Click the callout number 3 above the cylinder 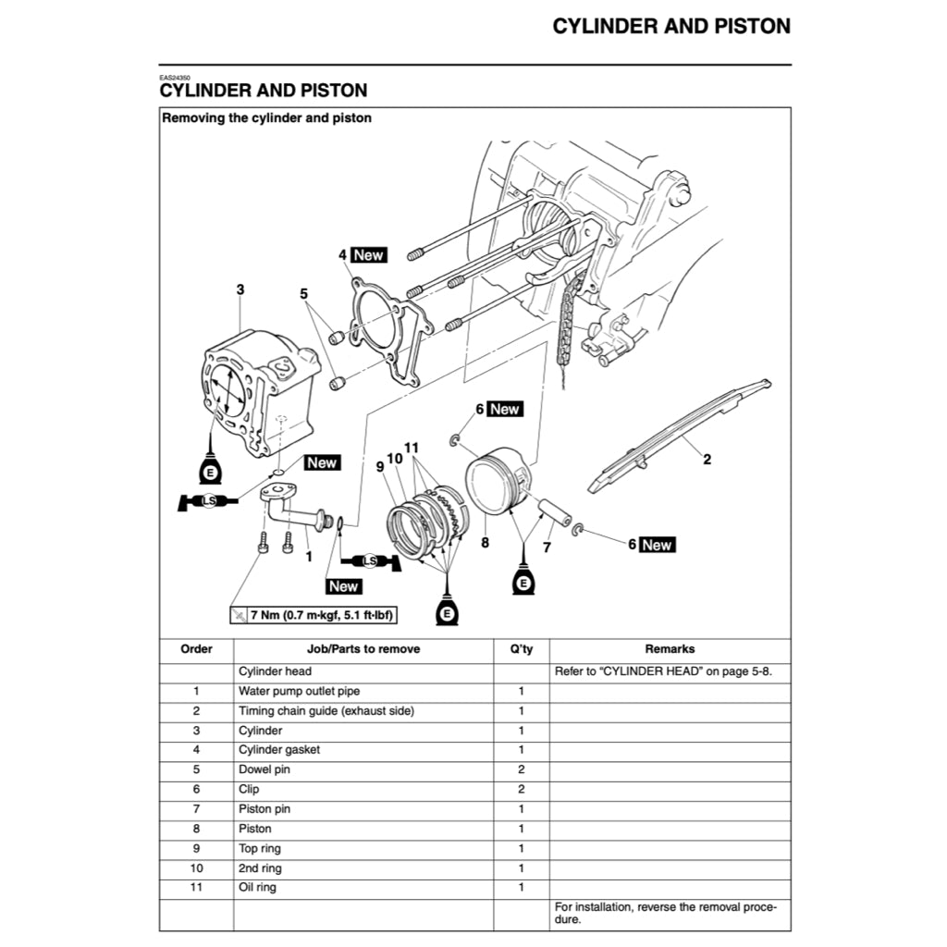pos(240,289)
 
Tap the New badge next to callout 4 pos(369,254)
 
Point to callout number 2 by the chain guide pos(707,460)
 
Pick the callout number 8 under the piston pos(484,544)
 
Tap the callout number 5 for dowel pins pos(303,294)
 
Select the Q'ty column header pos(521,649)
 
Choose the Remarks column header pos(670,649)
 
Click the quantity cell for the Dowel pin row pos(521,769)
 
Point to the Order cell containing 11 pos(196,888)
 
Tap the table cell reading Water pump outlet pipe pos(300,691)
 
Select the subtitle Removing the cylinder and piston pos(267,118)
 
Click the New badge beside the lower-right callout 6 pos(657,545)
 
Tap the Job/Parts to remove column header pos(363,649)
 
